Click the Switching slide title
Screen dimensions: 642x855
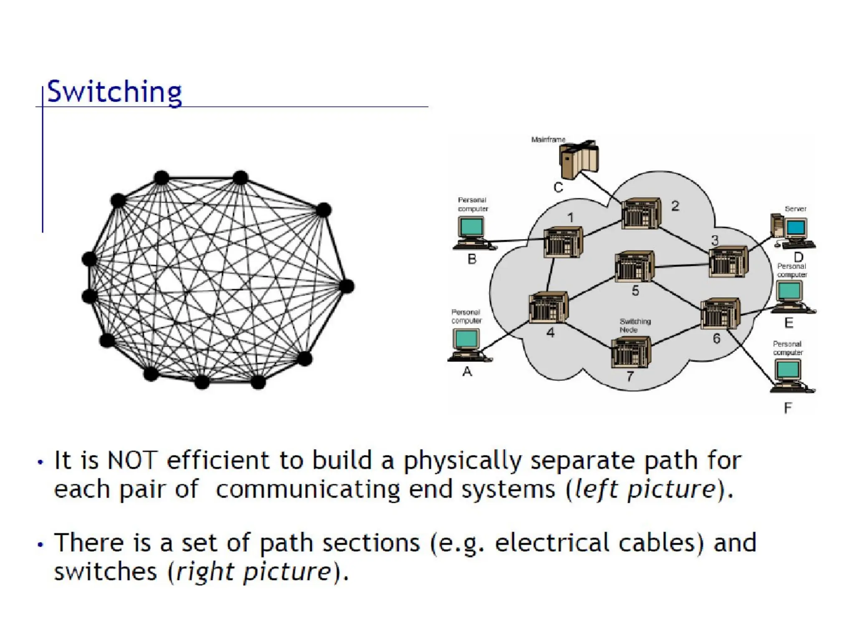[114, 92]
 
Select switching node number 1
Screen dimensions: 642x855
[563, 242]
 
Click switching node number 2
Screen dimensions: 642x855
[641, 213]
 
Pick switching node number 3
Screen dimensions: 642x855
[729, 262]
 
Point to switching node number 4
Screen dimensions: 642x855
[548, 307]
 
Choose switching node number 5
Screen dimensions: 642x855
[634, 266]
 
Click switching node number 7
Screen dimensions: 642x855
[631, 352]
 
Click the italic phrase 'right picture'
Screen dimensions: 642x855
[254, 572]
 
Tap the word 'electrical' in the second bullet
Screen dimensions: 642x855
[552, 543]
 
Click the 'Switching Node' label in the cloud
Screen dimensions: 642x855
[635, 325]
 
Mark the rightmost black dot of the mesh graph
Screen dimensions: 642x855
[347, 286]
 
